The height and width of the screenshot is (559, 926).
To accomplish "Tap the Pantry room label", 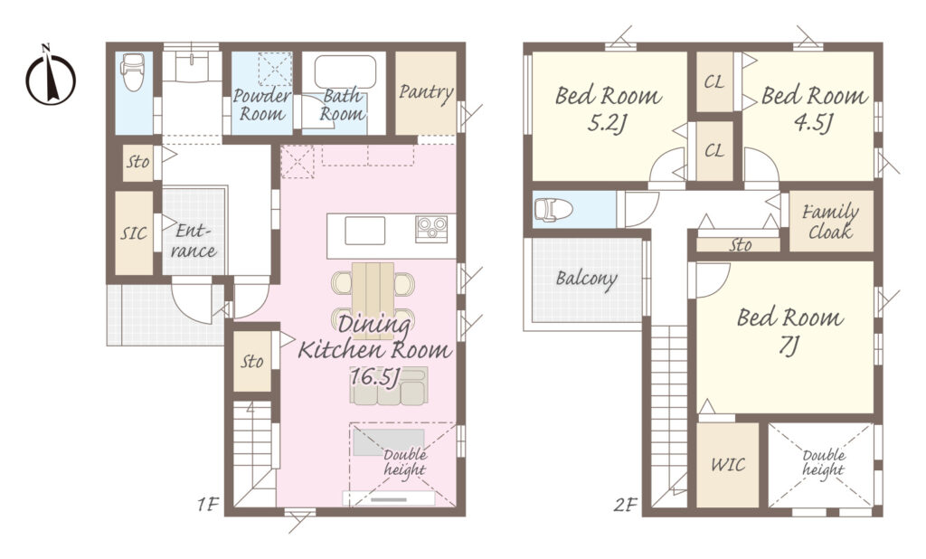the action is point(426,93).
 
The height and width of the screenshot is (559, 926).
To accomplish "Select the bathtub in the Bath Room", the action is point(345,71).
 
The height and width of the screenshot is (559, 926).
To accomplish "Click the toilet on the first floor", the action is point(133,72).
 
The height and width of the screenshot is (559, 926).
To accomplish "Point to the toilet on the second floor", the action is point(553,209).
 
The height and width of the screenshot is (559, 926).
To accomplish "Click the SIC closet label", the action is point(134,232).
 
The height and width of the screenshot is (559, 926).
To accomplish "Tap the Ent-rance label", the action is point(194,242).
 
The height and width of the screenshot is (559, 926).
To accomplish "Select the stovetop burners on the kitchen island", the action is point(431,229).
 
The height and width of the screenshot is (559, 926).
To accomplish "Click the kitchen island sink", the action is point(365,231).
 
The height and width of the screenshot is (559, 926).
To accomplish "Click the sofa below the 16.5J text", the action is point(389,386).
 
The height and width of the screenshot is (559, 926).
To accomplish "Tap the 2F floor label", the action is point(625,506).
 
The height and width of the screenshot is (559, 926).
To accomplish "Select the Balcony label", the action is point(586,279).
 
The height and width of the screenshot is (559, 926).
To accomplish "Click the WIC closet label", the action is point(728,464).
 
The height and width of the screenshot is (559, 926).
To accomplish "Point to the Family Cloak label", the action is point(830,222).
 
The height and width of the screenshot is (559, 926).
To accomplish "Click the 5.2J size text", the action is point(607,124).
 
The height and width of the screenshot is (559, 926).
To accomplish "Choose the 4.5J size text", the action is point(813,124).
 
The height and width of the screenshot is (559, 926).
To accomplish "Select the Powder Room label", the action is point(261,105).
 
